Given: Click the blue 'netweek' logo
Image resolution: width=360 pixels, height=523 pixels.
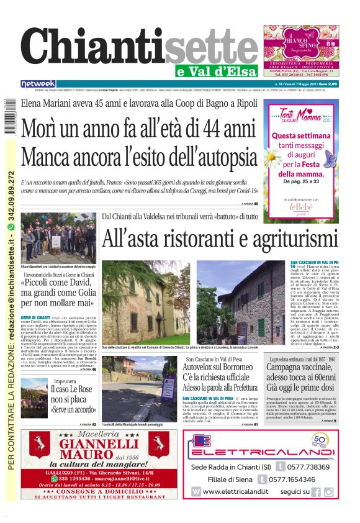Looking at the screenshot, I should (38, 84).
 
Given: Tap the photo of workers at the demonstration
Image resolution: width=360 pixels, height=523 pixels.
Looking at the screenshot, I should (58, 239).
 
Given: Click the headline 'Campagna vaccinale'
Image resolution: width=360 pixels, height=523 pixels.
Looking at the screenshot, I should (299, 368).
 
